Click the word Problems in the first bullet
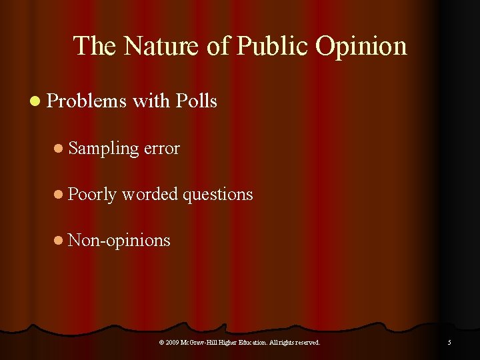[87, 101]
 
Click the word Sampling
[104, 148]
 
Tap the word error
[162, 148]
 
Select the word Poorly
[93, 194]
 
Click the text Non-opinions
[119, 239]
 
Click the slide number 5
[449, 343]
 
